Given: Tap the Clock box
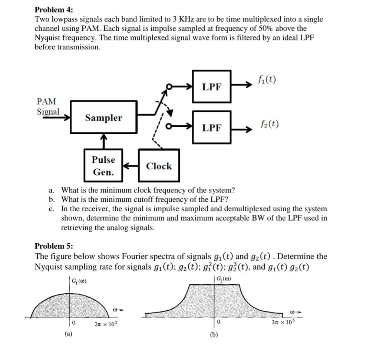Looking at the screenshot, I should (x=159, y=166).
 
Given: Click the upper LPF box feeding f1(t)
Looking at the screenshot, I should (x=212, y=87).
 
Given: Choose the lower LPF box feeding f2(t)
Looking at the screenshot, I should (x=212, y=128).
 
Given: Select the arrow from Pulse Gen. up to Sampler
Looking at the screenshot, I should (x=103, y=141).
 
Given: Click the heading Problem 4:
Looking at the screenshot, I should (x=54, y=9).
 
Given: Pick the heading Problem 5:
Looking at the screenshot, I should (x=54, y=246).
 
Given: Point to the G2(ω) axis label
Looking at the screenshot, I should (x=224, y=279).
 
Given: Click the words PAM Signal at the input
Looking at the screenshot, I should (x=47, y=106).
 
